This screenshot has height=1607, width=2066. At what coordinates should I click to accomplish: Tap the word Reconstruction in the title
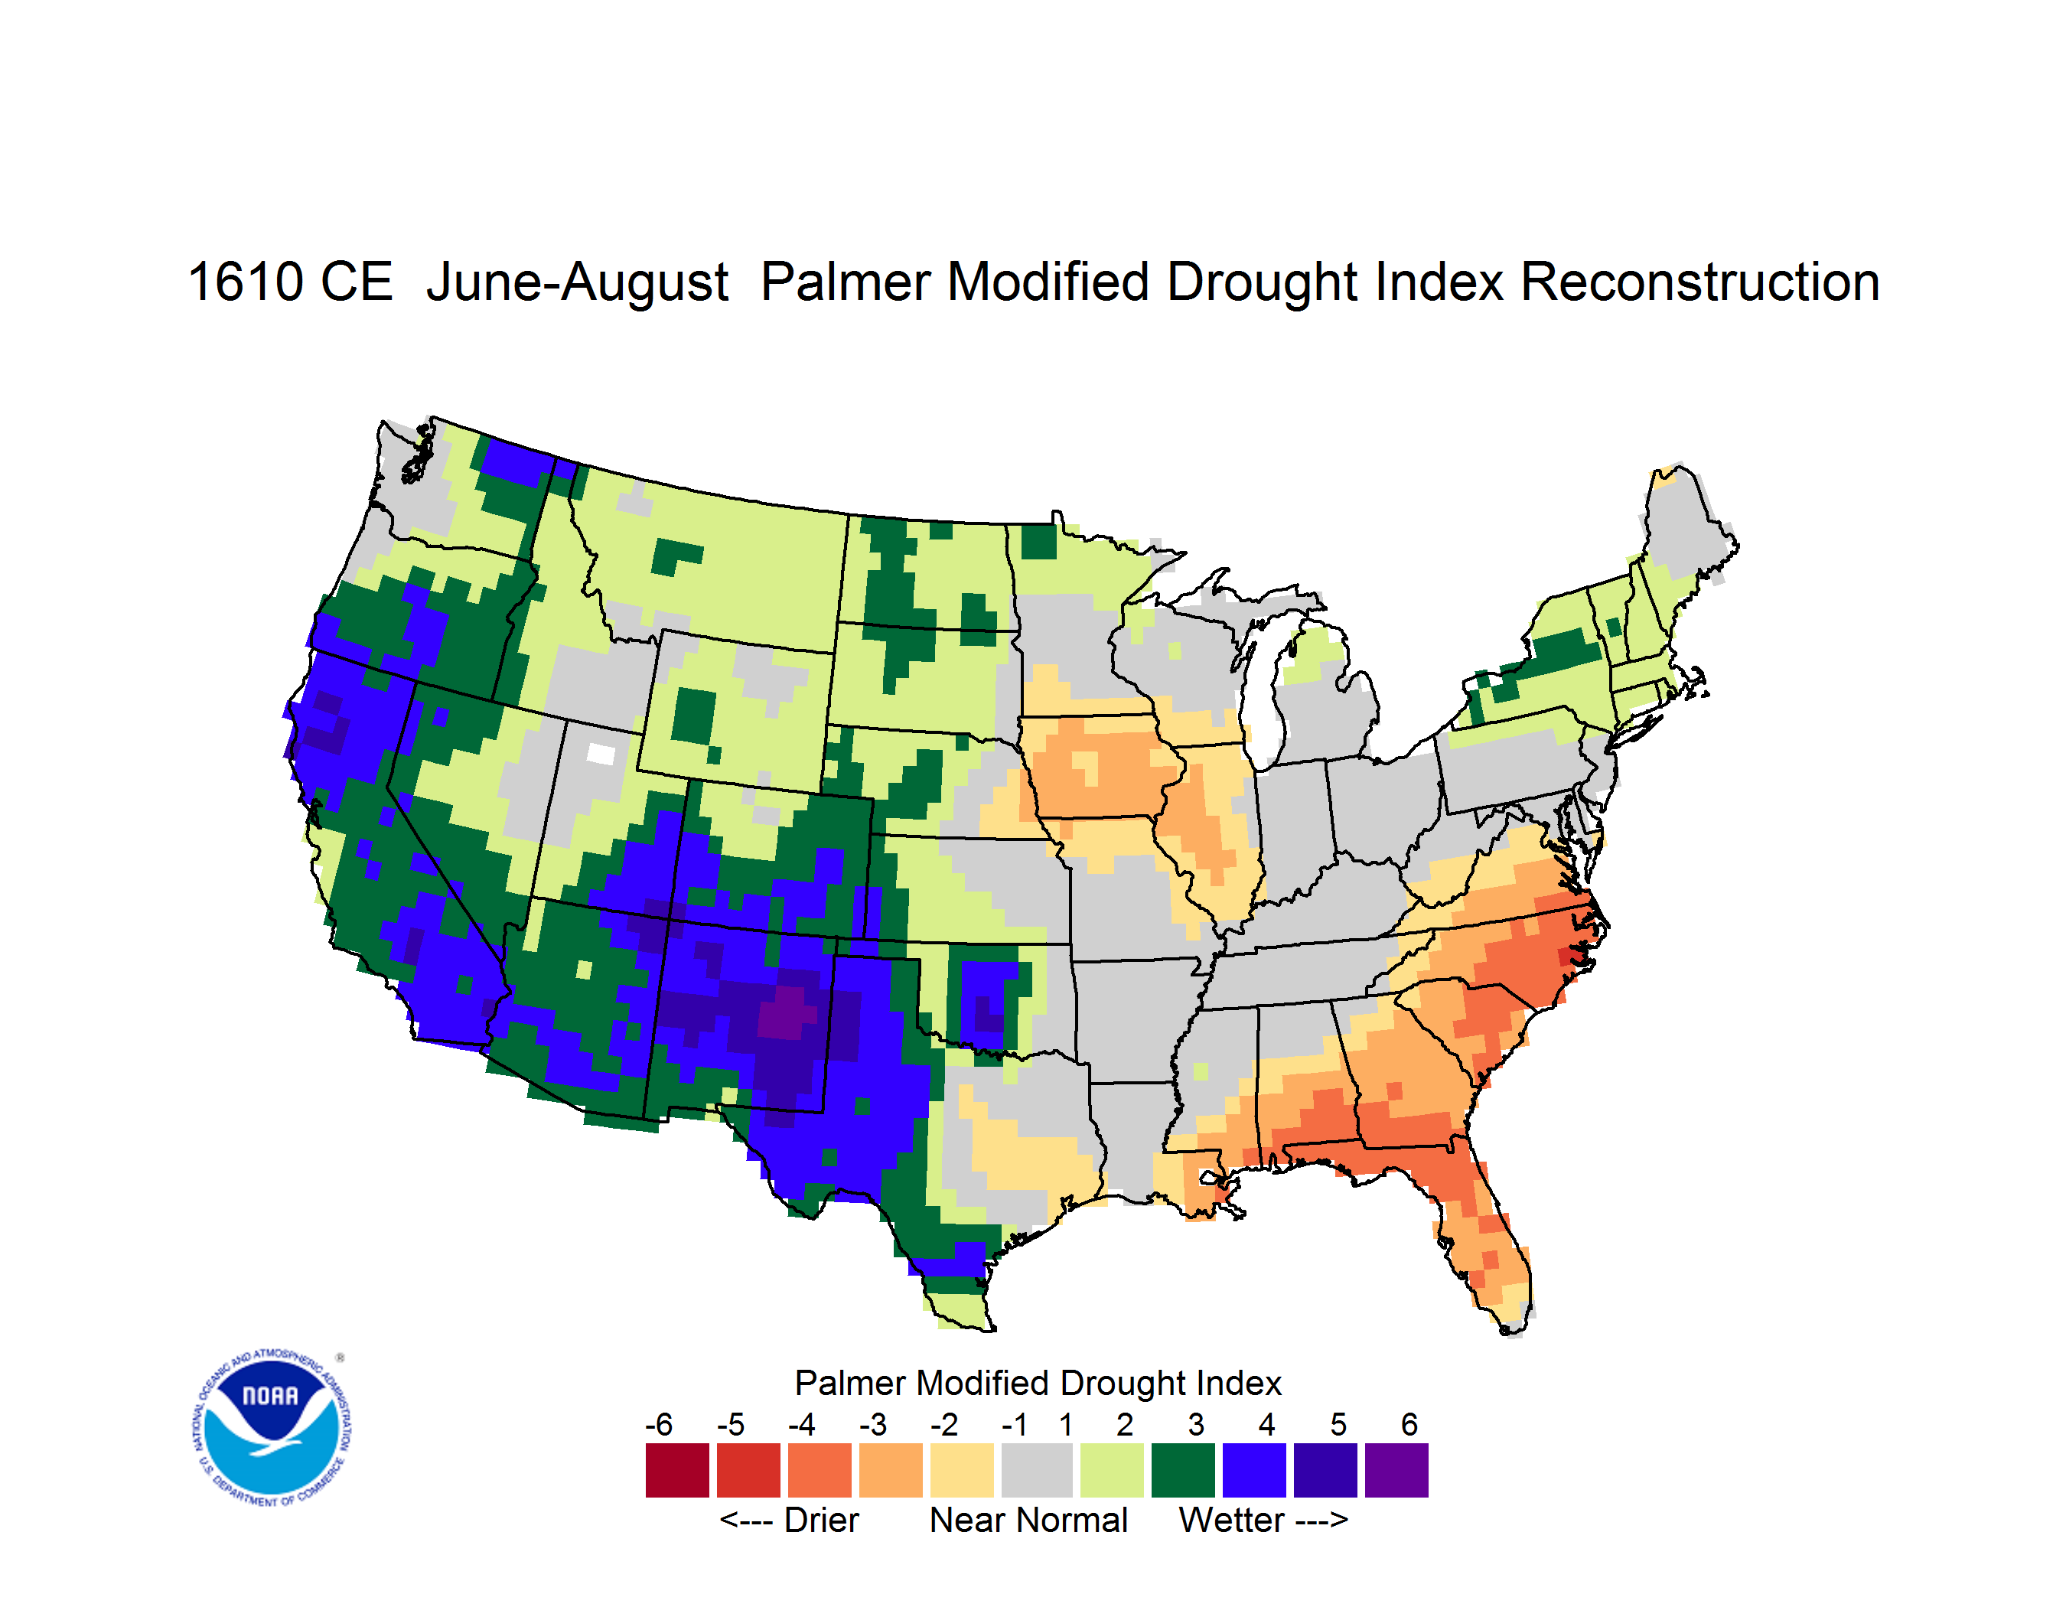tap(1700, 282)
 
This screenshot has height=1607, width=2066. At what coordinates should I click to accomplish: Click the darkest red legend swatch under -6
tap(677, 1470)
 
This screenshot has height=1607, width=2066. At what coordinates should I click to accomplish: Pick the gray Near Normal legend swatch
tap(1037, 1470)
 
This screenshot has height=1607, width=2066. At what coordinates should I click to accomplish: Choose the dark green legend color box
tap(1182, 1470)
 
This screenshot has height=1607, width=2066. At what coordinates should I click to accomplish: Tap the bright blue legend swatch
tap(1254, 1470)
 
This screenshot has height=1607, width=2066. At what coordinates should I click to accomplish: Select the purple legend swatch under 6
tap(1396, 1470)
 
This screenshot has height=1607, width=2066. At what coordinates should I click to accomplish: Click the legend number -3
tap(873, 1424)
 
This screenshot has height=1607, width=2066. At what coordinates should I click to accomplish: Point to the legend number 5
tap(1338, 1424)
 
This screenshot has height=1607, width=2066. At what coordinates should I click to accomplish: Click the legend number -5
tap(730, 1424)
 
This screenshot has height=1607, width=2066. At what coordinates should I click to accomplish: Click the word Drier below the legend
tap(821, 1520)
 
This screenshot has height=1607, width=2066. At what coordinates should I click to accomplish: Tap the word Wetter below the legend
tap(1232, 1520)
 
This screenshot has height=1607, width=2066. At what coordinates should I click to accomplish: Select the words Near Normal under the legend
tap(1028, 1520)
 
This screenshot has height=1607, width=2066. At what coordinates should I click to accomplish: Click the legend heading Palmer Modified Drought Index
tap(1038, 1383)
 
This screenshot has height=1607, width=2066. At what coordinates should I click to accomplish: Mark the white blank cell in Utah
tap(601, 754)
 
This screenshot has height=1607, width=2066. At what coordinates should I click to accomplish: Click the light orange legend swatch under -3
tap(890, 1470)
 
